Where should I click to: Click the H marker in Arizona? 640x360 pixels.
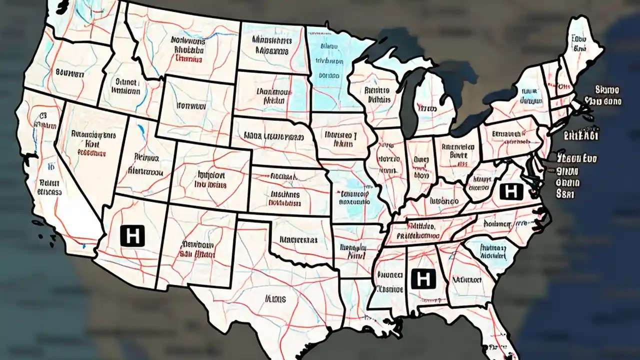click(x=132, y=235)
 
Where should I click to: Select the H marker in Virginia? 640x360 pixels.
click(x=510, y=191)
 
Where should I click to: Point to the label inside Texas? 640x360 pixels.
click(x=275, y=299)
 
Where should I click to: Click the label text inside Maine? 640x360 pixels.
click(x=579, y=43)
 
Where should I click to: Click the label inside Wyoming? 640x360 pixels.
click(x=191, y=106)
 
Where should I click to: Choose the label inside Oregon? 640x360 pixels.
click(x=69, y=73)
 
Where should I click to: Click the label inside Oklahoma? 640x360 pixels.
click(x=298, y=240)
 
